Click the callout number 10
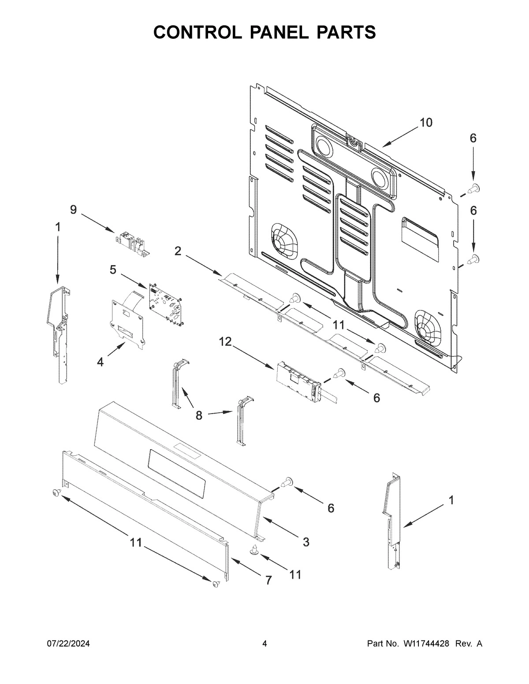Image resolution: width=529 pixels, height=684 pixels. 426,122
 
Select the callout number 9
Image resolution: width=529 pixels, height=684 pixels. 73,210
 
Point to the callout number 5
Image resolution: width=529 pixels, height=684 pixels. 113,270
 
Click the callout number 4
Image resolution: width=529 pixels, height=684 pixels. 101,362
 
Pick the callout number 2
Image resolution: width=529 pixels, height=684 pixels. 177,251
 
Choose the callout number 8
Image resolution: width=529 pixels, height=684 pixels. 199,414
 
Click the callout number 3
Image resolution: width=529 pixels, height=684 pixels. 305,542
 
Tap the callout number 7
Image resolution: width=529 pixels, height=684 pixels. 268,580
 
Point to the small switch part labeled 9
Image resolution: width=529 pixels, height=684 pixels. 133,244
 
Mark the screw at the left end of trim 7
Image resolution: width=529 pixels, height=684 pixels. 56,492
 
